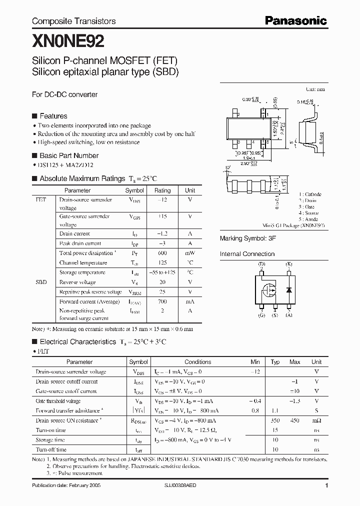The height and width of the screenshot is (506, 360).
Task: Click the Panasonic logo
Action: [x=295, y=20]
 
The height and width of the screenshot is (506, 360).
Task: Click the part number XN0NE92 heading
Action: [x=68, y=40]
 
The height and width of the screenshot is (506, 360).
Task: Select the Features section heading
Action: [x=53, y=115]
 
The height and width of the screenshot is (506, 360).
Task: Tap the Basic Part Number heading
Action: [x=68, y=155]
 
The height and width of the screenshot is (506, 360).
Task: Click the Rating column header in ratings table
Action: [x=162, y=190]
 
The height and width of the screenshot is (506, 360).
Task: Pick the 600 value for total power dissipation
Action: [x=162, y=253]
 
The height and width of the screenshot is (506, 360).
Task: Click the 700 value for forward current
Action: [x=162, y=301]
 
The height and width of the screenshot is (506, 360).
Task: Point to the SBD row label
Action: [x=41, y=282]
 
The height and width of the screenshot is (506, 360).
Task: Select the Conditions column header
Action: [x=197, y=361]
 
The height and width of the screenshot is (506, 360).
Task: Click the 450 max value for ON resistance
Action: [x=295, y=420]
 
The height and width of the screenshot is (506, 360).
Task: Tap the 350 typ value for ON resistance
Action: [x=275, y=420]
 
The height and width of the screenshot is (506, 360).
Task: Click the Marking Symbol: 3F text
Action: [x=248, y=238]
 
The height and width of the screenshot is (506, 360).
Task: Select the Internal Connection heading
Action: [x=247, y=254]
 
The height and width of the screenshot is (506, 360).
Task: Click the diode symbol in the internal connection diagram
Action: [x=288, y=289]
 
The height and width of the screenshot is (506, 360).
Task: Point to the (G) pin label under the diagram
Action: [x=261, y=315]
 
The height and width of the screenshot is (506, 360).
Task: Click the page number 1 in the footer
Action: [x=326, y=485]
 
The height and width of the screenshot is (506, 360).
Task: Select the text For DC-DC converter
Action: [x=64, y=94]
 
